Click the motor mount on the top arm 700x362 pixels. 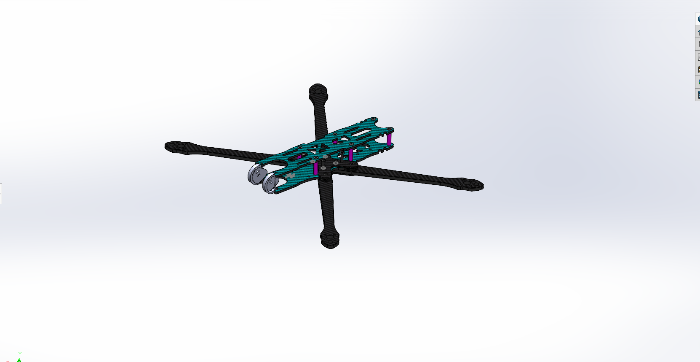coord(318,91)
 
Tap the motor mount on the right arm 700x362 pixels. coord(471,184)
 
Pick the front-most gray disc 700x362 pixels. coord(270,184)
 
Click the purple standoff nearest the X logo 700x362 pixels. coord(315,168)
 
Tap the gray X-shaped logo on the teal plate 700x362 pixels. coord(290,175)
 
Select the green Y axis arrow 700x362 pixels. coord(19,360)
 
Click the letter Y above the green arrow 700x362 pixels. coord(20,354)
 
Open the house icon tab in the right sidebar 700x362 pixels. coord(698,32)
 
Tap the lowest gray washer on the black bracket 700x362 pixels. coord(323,168)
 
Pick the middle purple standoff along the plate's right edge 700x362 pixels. coord(350,154)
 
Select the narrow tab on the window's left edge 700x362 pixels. coord(1,194)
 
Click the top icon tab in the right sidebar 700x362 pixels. coord(698,19)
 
